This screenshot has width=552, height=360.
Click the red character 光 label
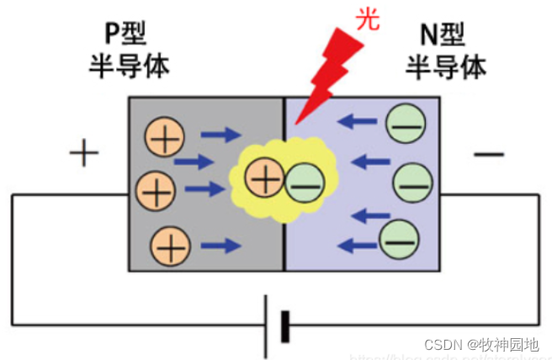pos(368,19)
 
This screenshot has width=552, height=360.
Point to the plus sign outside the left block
pos(83,154)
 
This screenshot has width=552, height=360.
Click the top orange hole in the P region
pos(163,135)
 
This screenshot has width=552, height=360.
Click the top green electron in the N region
pos(406,125)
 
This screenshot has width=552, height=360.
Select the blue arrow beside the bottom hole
pos(220,246)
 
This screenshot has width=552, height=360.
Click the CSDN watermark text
pos(480,345)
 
